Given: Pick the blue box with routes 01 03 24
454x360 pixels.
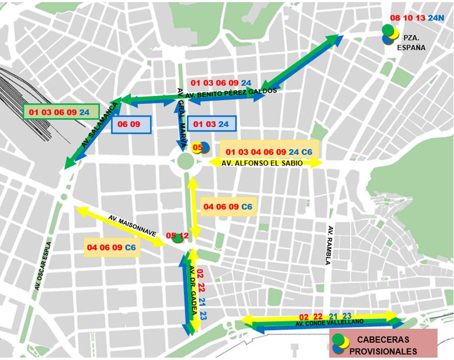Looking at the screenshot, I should (211, 124).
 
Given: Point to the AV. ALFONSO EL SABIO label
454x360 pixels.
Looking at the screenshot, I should (262, 163).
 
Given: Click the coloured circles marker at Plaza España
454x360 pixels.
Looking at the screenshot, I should (390, 34).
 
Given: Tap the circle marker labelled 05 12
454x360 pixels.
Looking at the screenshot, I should (177, 237).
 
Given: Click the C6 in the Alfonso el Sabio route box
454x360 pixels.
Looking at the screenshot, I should (307, 152).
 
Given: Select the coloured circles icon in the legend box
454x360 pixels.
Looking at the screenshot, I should (341, 343).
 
